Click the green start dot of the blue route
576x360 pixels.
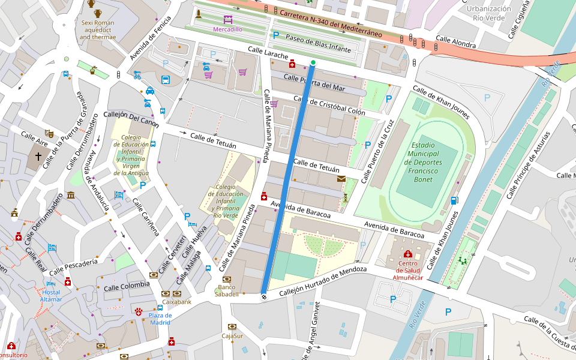(x=313, y=62)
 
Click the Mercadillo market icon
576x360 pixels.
(x=227, y=19)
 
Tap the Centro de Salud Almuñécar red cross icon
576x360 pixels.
(x=408, y=254)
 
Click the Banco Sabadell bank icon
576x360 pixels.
(x=227, y=280)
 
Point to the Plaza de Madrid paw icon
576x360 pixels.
(x=139, y=311)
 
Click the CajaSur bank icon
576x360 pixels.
(x=232, y=326)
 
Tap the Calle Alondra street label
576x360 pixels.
(x=455, y=43)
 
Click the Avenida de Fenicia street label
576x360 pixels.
(x=150, y=38)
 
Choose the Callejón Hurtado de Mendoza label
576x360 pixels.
(x=323, y=280)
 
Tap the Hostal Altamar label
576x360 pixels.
(x=51, y=295)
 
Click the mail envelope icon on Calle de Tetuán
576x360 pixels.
(x=341, y=179)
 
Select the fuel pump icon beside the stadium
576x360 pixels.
(x=454, y=200)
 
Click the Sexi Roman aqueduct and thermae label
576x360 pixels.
(x=98, y=29)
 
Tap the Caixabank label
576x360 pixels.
(x=176, y=302)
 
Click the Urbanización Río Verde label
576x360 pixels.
(x=488, y=13)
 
